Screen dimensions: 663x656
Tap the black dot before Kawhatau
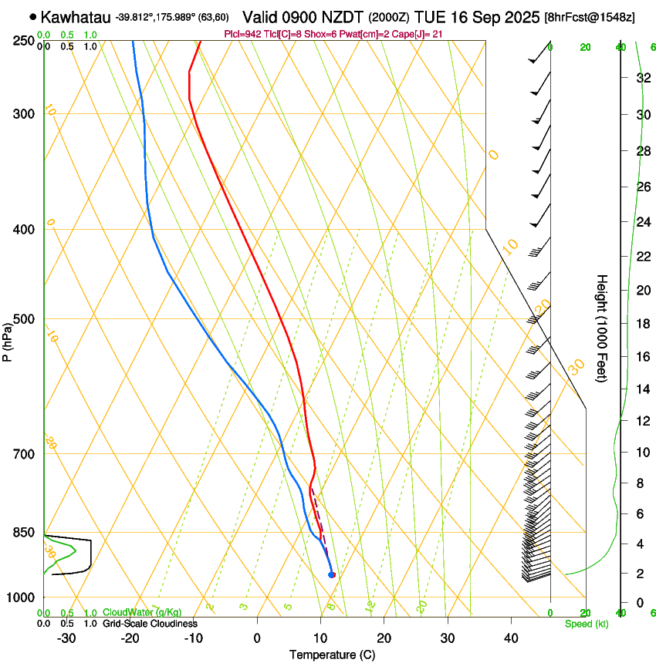coord(32,15)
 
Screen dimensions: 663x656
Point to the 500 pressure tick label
coord(25,319)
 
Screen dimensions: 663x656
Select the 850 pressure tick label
coord(25,533)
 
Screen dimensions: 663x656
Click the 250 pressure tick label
coord(25,41)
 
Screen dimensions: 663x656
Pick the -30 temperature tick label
coord(66,638)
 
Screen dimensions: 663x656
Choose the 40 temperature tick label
coord(510,638)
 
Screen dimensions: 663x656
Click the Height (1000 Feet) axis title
coord(603,328)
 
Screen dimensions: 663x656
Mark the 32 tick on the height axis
coord(641,77)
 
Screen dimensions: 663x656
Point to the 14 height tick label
coord(641,389)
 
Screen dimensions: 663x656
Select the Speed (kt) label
coord(587,624)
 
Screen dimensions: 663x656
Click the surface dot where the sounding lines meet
coord(332,574)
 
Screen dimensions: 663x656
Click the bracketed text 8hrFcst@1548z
coord(590,17)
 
